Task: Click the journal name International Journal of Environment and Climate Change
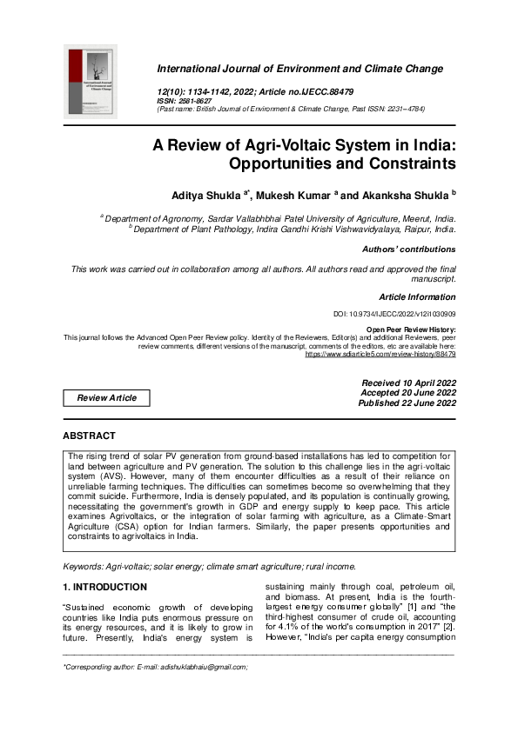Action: click(x=299, y=69)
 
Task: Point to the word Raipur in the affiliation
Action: click(x=410, y=230)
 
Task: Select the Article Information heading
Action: click(x=417, y=297)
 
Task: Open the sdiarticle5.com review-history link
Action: click(x=380, y=354)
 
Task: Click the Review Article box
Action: click(x=106, y=397)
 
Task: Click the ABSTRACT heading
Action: click(x=89, y=436)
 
